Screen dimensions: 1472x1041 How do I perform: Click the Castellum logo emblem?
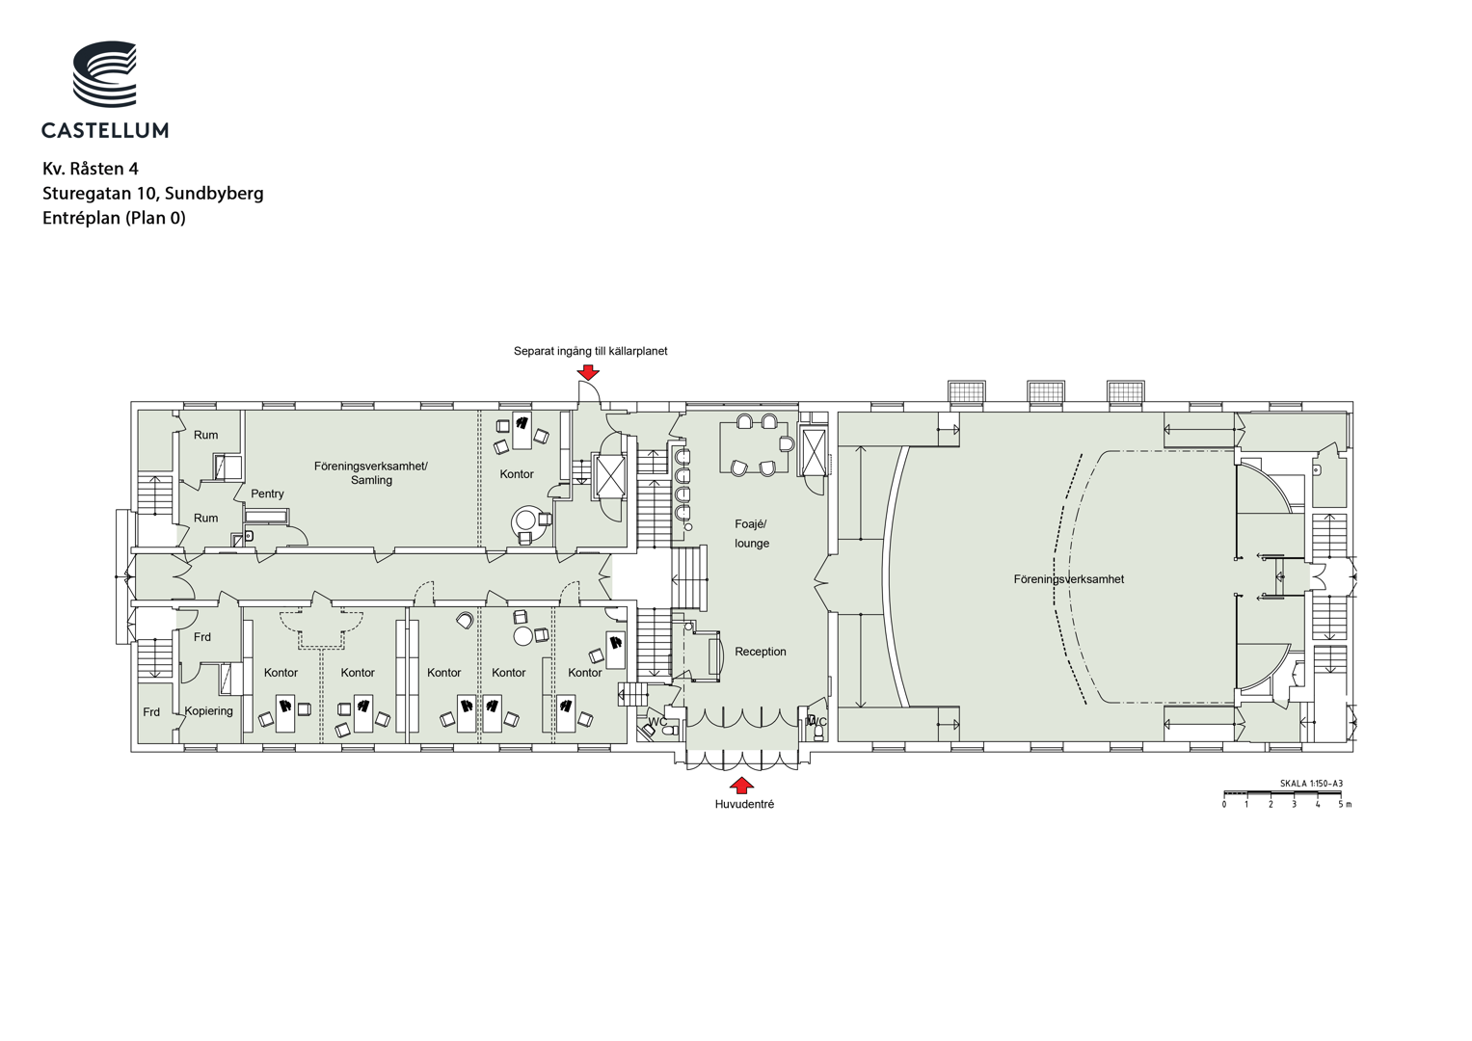tap(105, 74)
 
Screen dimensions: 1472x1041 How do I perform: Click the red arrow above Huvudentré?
tap(742, 786)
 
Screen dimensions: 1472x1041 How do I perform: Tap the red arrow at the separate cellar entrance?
tap(588, 372)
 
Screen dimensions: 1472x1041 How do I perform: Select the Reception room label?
tap(761, 652)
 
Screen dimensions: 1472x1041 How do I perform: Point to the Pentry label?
tap(267, 494)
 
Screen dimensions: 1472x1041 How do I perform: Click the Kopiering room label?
tap(209, 711)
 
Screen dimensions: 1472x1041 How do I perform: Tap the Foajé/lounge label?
tap(751, 534)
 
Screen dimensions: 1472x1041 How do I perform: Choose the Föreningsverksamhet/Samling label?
tap(370, 473)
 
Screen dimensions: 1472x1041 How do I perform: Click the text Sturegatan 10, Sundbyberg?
tap(153, 193)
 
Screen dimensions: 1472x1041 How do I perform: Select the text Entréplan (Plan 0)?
tap(115, 218)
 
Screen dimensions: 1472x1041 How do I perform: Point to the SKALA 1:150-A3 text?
tap(1311, 784)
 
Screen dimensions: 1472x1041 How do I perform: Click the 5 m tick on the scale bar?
tap(1341, 796)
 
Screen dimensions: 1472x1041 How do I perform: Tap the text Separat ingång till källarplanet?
tap(590, 351)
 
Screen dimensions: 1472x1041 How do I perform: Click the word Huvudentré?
tap(744, 804)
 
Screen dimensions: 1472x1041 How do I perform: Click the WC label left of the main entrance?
tap(657, 722)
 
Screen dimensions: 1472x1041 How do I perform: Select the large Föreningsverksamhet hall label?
tap(1068, 579)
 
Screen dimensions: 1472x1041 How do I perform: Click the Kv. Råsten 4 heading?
tap(91, 169)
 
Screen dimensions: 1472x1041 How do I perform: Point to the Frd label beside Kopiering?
tap(151, 711)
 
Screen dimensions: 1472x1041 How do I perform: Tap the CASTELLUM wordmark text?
tap(105, 130)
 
